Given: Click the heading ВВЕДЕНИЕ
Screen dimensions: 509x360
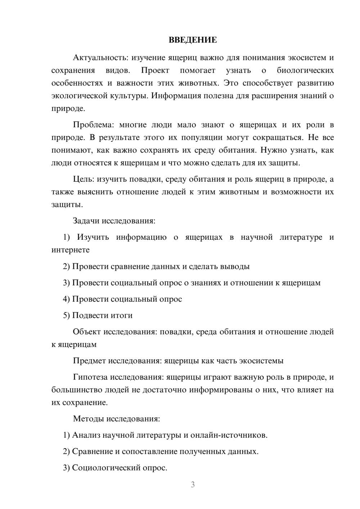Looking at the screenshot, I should point(193,40).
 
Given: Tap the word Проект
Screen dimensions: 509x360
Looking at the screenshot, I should point(155,71).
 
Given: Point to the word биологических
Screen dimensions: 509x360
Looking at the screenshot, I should point(305,71).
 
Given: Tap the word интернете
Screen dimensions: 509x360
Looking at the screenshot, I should point(71,250).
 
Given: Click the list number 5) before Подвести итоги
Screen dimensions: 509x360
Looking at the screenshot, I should point(67,315).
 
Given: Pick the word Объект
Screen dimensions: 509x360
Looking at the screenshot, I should point(87,332).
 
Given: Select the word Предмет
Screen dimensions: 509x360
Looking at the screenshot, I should point(89,361).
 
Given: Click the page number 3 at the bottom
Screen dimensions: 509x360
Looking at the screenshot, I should point(193,485).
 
